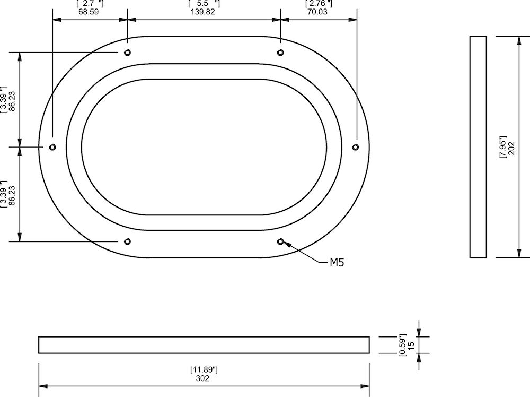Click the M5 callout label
pos(337,262)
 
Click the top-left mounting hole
pos(127,53)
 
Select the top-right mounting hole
pos(280,53)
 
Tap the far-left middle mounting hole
pos(52,147)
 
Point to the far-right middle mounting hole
pos(355,147)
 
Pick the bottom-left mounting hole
pos(127,241)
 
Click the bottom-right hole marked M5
pos(280,241)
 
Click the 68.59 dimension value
pos(89,12)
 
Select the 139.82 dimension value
pos(202,12)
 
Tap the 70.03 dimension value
pos(317,12)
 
